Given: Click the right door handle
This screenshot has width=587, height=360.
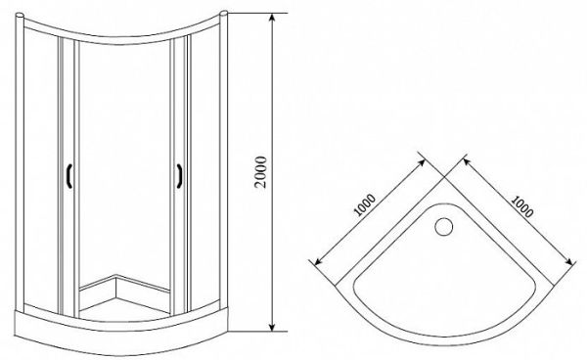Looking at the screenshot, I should [181, 174].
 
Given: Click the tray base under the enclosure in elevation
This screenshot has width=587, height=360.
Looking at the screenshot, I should [122, 328].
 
